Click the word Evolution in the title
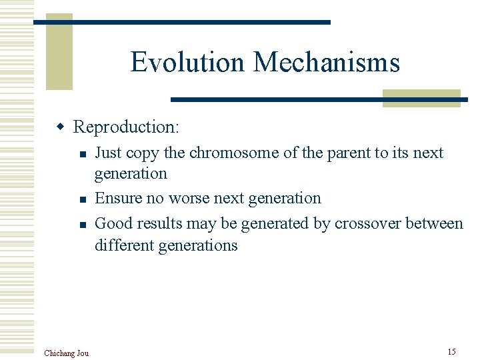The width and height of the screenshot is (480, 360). click(x=189, y=62)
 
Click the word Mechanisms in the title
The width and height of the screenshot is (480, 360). click(x=327, y=62)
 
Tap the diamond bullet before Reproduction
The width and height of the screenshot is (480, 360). click(x=61, y=127)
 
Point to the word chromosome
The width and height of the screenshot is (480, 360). click(x=235, y=153)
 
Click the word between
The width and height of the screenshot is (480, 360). click(x=433, y=223)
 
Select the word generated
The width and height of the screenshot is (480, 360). click(x=274, y=223)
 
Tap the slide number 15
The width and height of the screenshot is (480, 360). click(x=451, y=351)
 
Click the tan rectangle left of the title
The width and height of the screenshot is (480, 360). click(x=59, y=52)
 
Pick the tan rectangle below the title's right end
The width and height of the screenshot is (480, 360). click(x=421, y=98)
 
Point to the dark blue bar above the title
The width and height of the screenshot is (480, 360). click(x=182, y=22)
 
